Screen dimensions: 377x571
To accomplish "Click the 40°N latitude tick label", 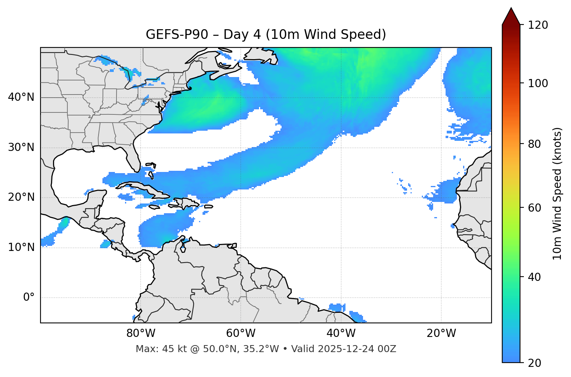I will [21, 97].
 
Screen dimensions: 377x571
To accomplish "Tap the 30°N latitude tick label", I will [21, 147].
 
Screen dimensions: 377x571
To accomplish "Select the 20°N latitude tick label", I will [21, 197].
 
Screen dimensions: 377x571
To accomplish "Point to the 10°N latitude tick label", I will [21, 247].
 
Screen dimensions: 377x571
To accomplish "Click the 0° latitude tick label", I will [29, 298].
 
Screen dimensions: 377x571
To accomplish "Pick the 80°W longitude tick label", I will [141, 333].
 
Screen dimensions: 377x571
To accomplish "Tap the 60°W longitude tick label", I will [241, 333].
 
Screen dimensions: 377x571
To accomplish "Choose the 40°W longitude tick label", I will [341, 333].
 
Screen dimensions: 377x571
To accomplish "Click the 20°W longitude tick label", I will [441, 333].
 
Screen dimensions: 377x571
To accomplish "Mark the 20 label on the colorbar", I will [534, 363].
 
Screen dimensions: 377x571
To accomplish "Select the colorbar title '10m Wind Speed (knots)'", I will [557, 193].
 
